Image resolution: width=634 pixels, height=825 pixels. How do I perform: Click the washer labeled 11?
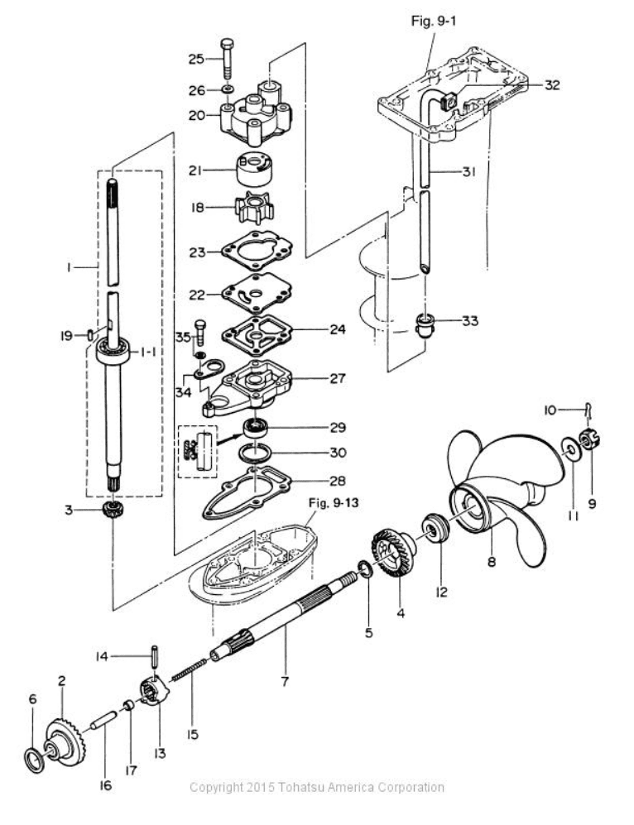[569, 448]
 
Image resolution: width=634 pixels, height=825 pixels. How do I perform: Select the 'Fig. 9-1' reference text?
[433, 22]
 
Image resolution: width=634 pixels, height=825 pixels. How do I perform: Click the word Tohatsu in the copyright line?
[307, 787]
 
